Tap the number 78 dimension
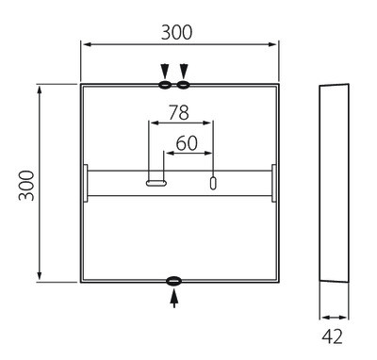(179, 112)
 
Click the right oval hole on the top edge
(184, 86)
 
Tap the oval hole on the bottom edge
(174, 281)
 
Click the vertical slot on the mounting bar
(213, 183)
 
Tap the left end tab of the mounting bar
(85, 183)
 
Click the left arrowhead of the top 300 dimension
(85, 44)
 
